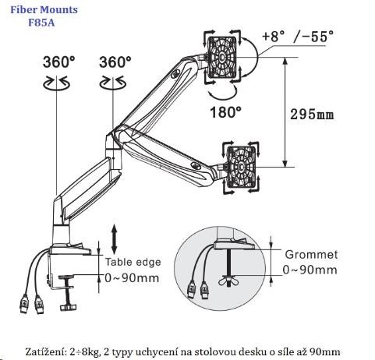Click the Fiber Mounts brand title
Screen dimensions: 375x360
click(44, 10)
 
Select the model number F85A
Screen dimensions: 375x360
click(41, 23)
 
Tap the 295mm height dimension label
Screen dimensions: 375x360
click(312, 115)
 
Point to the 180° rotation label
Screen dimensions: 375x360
click(225, 112)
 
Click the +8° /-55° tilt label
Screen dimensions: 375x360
click(298, 36)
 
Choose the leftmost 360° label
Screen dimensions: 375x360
click(59, 62)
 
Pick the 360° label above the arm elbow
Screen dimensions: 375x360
click(115, 62)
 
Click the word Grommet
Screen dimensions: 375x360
click(311, 255)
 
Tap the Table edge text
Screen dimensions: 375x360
click(133, 262)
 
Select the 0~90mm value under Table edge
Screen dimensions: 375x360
click(132, 278)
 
